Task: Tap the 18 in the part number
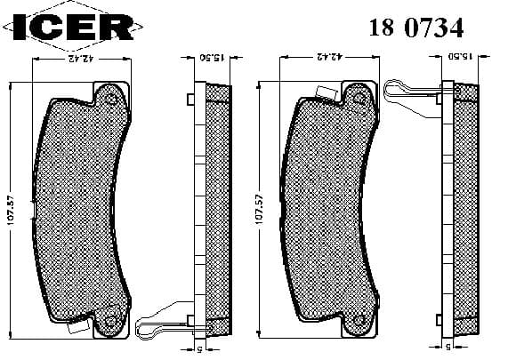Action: (x=381, y=28)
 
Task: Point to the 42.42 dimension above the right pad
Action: (x=329, y=59)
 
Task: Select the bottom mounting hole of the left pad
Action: (x=111, y=321)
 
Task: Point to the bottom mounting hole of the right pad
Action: (x=360, y=321)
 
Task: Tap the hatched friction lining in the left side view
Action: (x=219, y=211)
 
